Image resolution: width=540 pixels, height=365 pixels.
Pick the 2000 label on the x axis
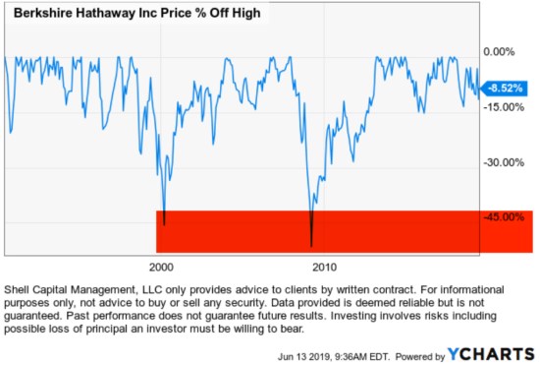(x=161, y=268)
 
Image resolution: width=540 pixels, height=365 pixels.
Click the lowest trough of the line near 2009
(x=311, y=245)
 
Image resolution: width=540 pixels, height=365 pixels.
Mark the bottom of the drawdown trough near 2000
(x=164, y=224)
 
